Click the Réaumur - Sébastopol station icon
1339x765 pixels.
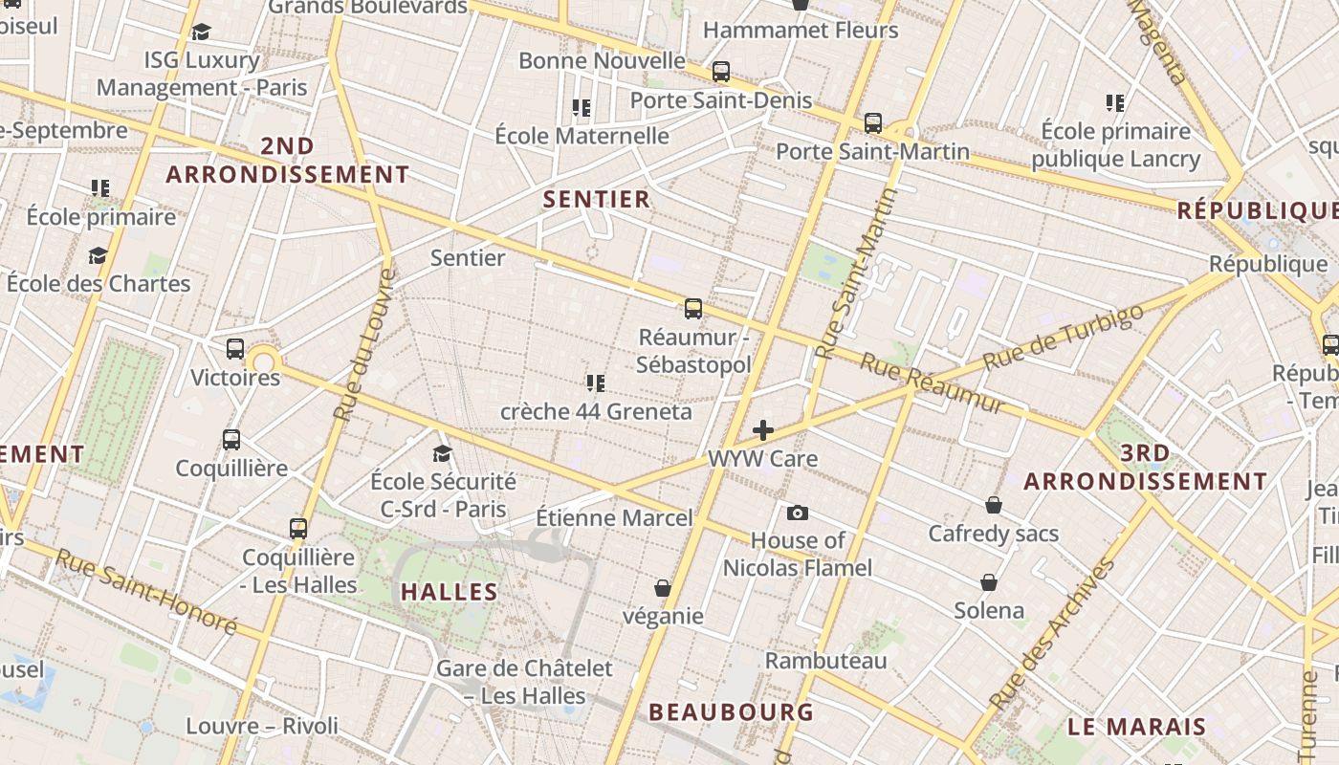click(693, 309)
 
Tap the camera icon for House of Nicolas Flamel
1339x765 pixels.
click(798, 514)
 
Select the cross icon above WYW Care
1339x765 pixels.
click(763, 430)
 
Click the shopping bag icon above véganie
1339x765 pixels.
click(662, 588)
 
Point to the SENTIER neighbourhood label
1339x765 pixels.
click(597, 200)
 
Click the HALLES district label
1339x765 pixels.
click(450, 592)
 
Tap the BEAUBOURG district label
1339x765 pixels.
click(731, 712)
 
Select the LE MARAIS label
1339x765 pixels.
click(1136, 727)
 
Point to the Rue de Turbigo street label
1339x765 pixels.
click(1063, 338)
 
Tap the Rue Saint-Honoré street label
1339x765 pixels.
click(145, 591)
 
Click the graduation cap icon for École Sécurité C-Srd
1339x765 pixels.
click(442, 453)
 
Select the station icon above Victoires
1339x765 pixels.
click(235, 349)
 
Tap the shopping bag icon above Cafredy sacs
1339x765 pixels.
click(994, 505)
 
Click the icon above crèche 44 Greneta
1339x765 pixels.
click(596, 383)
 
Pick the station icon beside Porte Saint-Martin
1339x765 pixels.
click(873, 123)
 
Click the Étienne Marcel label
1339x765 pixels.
click(614, 518)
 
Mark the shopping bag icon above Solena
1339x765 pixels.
click(989, 582)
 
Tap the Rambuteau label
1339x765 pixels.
click(825, 661)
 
